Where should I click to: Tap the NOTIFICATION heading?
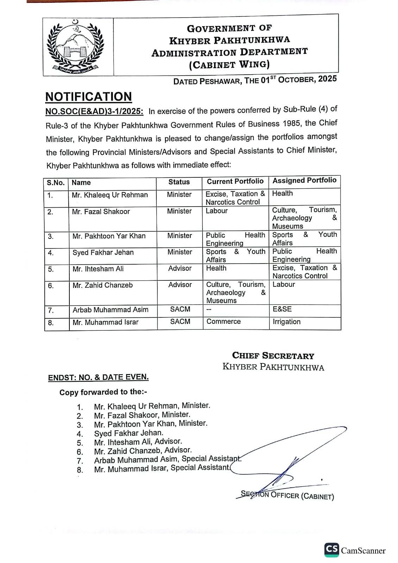coord(88,96)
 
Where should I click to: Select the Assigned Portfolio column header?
coord(304,181)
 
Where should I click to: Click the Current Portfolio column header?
coord(235,181)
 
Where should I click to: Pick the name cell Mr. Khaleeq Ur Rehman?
coord(110,195)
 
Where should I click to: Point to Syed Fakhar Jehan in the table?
coord(103,252)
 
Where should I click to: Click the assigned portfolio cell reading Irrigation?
coord(286,322)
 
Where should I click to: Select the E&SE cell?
coord(282,309)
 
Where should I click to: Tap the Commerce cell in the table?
coord(223,321)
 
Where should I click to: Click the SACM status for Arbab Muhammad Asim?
coord(180,309)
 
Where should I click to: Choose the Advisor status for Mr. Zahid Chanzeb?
coord(180,285)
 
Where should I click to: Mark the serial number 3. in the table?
coord(51,236)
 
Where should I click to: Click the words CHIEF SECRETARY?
coord(273,356)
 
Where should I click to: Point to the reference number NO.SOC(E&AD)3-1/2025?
coord(94,112)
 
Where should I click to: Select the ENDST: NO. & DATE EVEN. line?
coord(98,377)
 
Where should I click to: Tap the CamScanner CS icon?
coord(332,550)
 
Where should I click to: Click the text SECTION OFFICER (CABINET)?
coord(287,495)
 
